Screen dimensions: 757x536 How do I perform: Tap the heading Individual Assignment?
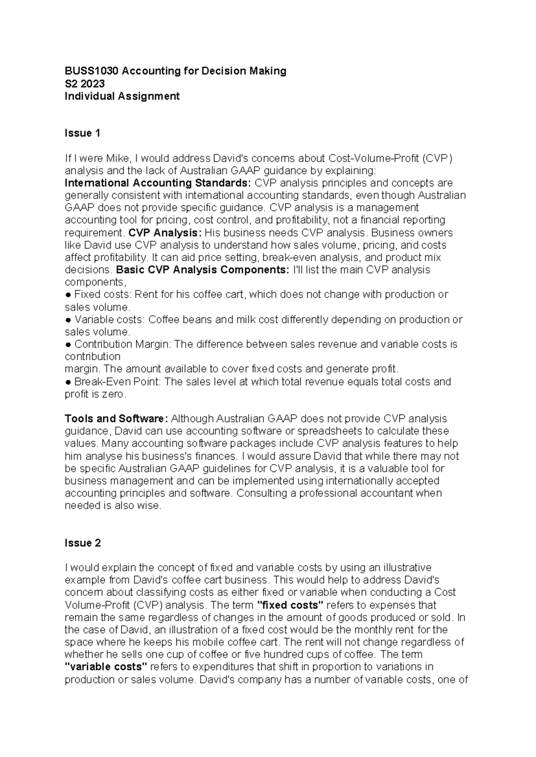122,96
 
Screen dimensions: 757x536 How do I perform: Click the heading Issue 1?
83,133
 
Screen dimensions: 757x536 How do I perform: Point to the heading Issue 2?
83,543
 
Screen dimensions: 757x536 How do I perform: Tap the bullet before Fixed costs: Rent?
68,295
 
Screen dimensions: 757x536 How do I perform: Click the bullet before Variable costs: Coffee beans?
68,320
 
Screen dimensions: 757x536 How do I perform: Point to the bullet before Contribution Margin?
68,345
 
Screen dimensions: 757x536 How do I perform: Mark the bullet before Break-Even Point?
68,382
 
